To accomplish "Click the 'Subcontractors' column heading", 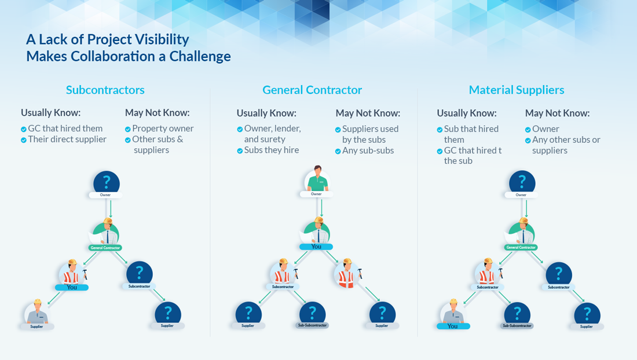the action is pos(105,90).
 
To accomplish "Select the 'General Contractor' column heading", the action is pos(312,90).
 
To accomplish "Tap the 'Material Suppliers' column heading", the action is pos(517,90).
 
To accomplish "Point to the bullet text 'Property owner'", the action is pos(163,128).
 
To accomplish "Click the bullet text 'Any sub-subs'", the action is pos(368,150).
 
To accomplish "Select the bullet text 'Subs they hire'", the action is pos(272,150).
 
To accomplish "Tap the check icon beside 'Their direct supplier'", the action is pos(24,140).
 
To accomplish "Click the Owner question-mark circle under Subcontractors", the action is pos(107,183).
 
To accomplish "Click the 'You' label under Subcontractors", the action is pos(72,287).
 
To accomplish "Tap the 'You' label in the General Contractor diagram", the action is pos(316,247).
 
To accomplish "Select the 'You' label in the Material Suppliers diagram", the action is pos(453,326).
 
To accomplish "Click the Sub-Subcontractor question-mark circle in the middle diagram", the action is pos(312,314).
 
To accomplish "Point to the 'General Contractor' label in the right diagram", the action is pos(521,247).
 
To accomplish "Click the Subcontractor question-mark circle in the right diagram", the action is pos(559,274).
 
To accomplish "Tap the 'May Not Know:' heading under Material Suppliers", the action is pos(557,113).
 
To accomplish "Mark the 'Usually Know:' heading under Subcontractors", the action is pos(51,113).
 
